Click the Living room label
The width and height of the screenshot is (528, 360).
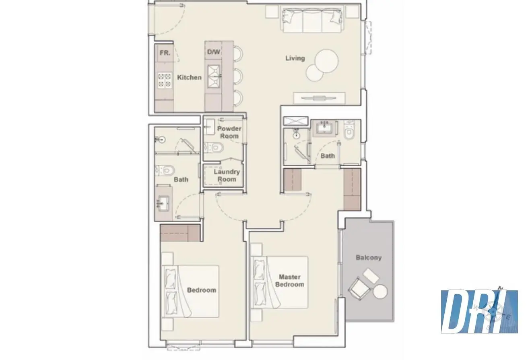(295, 58)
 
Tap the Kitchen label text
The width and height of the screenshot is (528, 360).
(189, 77)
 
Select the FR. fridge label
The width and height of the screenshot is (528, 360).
(165, 53)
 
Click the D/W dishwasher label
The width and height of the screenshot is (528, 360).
(214, 52)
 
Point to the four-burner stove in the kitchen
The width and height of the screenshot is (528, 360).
(164, 80)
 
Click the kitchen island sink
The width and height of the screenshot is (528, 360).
(214, 76)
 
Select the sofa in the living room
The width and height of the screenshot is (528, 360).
(312, 20)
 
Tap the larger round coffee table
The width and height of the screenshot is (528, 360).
(326, 61)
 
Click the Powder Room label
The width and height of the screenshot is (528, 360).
(229, 132)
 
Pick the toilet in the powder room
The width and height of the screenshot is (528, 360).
(214, 148)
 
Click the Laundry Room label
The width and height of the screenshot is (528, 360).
(227, 176)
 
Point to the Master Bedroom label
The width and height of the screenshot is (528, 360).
(290, 281)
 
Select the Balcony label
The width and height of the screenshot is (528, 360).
(369, 258)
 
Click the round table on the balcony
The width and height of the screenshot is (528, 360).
(380, 292)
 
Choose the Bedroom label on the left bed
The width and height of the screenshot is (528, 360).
(202, 290)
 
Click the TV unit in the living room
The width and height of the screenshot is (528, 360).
(319, 98)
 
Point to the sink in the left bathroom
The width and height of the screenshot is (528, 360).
(163, 202)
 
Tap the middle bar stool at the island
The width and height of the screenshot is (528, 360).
(238, 76)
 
